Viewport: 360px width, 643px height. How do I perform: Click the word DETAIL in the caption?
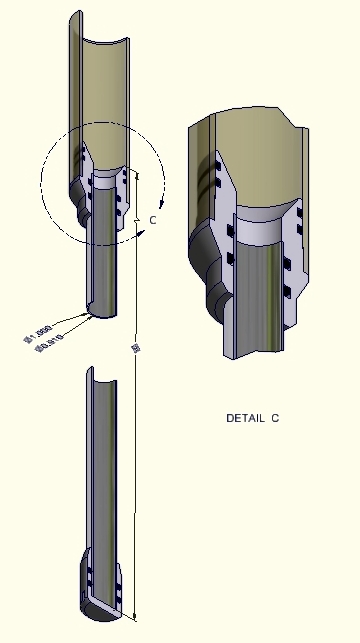pos(244,418)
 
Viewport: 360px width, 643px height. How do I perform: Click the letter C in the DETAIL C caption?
pos(274,418)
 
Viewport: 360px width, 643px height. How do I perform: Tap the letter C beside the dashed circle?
pos(152,219)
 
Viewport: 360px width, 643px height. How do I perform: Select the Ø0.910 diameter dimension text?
pos(48,347)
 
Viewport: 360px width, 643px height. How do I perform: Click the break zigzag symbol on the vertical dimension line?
pos(136,214)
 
